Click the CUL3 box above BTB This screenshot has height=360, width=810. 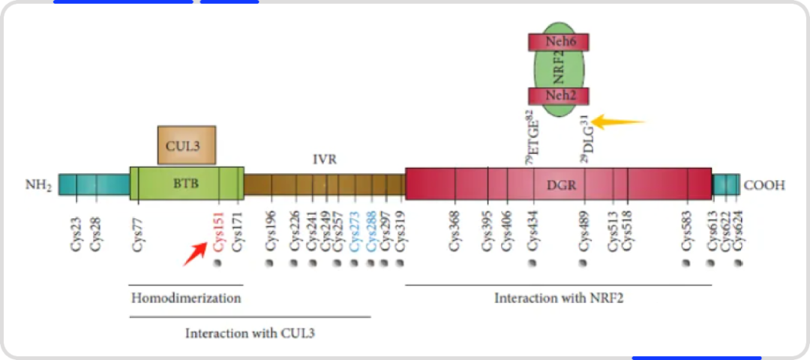click(186, 145)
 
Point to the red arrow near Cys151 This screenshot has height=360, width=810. click(194, 254)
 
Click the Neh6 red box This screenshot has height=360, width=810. click(558, 42)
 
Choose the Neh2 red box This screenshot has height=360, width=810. click(558, 96)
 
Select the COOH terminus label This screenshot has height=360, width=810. click(764, 184)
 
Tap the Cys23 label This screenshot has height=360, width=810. click(76, 235)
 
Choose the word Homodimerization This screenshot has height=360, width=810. click(186, 298)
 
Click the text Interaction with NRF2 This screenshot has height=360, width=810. click(559, 298)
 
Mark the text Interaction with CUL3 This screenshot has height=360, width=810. click(250, 332)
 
